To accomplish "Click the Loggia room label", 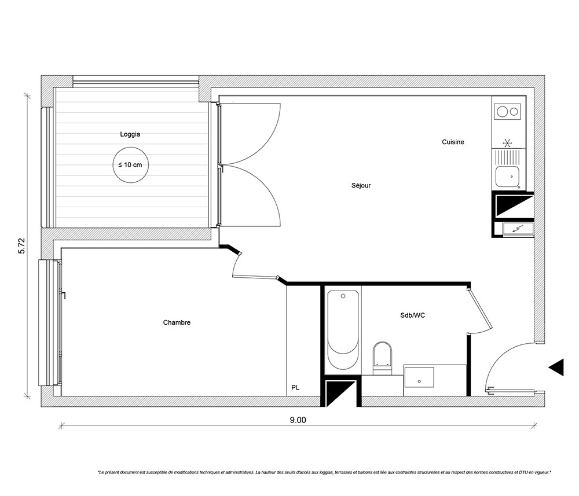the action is [130, 134].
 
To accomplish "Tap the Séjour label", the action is [361, 185].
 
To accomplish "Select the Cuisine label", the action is [453, 142].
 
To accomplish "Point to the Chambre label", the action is [177, 322].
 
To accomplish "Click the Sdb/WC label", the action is [412, 315].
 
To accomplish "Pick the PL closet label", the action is [295, 388].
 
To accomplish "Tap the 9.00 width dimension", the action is [298, 420].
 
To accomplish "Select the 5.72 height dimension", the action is [22, 245].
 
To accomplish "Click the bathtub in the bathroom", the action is [343, 329].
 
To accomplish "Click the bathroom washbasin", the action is [419, 377].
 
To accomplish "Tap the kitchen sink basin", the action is [507, 177].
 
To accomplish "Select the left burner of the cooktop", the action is [502, 112].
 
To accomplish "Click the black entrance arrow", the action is [556, 367].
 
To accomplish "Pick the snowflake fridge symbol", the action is [508, 143].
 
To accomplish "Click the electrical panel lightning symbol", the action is [516, 229].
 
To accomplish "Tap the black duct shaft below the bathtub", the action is [340, 392].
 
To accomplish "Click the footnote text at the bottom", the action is [324, 472].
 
